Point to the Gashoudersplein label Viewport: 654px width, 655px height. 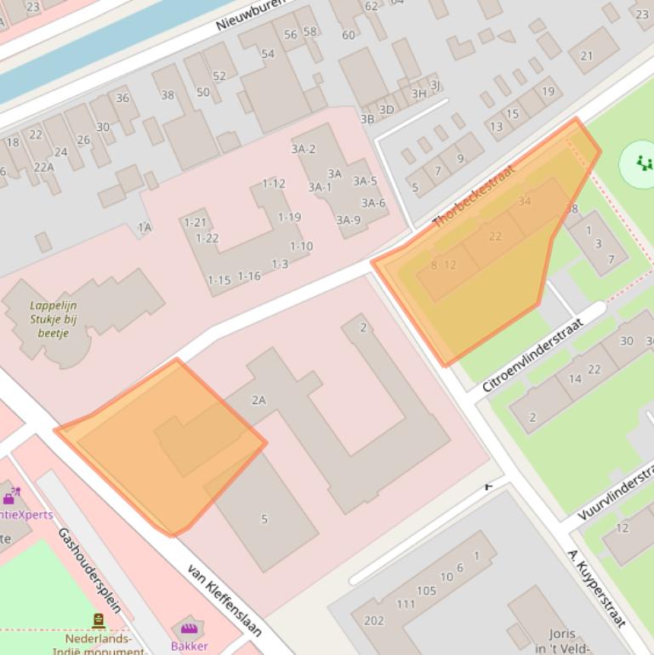(89, 570)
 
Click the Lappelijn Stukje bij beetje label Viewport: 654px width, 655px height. (54, 320)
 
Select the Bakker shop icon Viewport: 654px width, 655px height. (188, 629)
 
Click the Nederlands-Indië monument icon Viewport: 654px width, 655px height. (99, 621)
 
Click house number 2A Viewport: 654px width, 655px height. (259, 400)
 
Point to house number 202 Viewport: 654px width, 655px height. (373, 621)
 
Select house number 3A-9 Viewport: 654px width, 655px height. (348, 219)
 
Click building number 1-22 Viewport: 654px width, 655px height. (207, 238)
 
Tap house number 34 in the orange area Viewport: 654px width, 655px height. (524, 202)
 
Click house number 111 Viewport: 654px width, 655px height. (406, 604)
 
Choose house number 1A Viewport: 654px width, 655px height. (145, 227)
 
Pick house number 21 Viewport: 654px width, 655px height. (587, 56)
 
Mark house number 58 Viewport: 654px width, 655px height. (310, 32)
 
